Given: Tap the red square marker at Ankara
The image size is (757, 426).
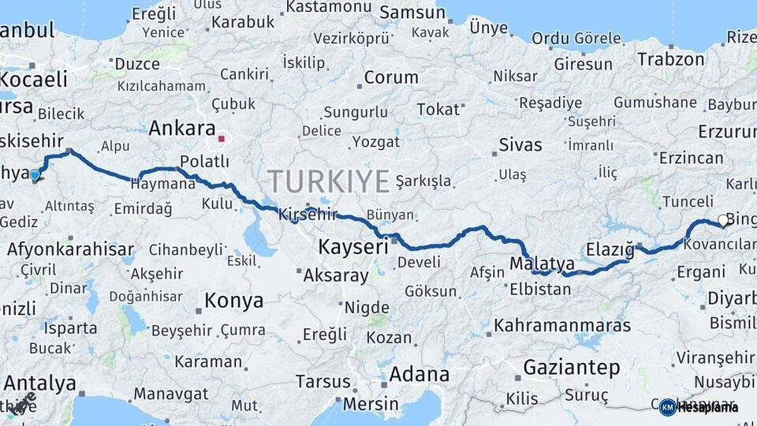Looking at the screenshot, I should [x=222, y=140].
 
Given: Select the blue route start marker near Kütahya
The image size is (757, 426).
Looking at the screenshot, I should [x=35, y=174].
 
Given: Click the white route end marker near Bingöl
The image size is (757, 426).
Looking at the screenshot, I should [x=723, y=222].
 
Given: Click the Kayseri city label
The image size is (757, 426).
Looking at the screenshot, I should [x=353, y=248].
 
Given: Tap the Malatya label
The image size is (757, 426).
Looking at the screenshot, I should [x=542, y=263].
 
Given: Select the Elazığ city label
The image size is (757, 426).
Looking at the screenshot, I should [x=610, y=250].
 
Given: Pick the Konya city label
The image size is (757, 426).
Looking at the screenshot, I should [x=233, y=301].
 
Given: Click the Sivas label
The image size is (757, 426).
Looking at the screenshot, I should [x=520, y=145].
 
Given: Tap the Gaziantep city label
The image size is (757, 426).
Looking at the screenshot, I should [x=571, y=367].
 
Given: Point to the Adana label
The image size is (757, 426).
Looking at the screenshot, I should [x=419, y=373].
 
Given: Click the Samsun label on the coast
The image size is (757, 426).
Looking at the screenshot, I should [x=412, y=13].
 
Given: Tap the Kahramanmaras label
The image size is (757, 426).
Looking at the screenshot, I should [x=562, y=326].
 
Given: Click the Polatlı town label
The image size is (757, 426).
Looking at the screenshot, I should [x=204, y=162].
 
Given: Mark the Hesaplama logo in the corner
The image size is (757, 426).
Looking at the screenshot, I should [x=699, y=407].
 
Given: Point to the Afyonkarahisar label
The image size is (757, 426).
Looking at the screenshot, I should [x=71, y=250].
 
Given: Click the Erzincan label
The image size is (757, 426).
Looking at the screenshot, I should [x=691, y=158].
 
